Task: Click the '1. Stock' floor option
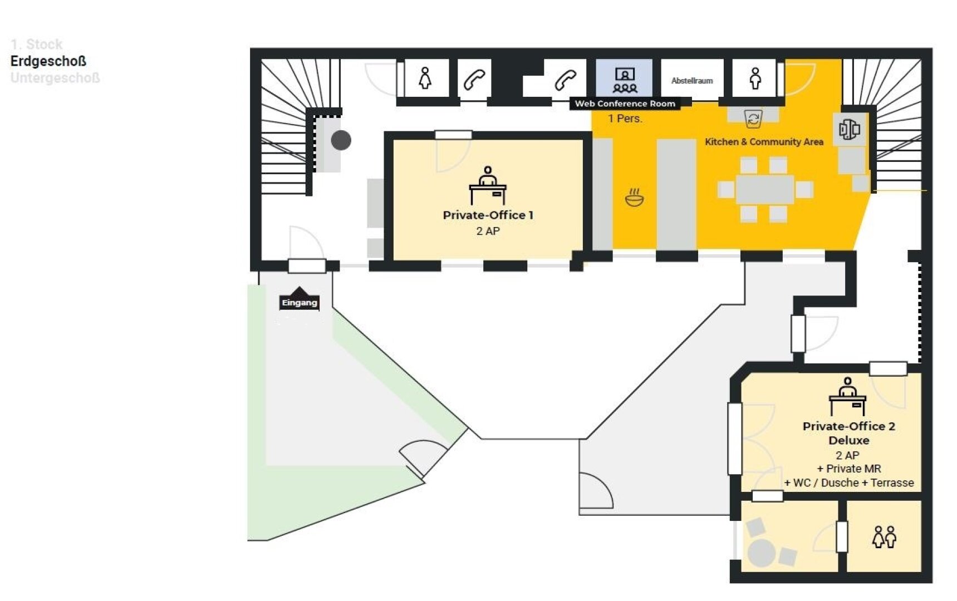(37, 44)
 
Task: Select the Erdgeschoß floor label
(48, 61)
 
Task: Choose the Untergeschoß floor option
(55, 78)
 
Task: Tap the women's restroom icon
(425, 78)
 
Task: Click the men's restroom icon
(755, 78)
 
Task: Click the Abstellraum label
(692, 81)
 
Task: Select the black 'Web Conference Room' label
(625, 104)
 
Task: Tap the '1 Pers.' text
(625, 119)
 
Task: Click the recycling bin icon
(753, 119)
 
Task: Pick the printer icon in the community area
(850, 130)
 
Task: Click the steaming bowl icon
(634, 198)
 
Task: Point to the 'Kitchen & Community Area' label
(764, 142)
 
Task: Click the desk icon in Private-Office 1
(488, 185)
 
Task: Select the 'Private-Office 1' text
(488, 215)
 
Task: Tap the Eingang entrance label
(300, 302)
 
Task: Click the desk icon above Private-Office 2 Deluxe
(847, 396)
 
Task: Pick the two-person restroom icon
(885, 537)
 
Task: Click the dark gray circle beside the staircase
(341, 140)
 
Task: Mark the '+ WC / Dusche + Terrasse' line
(849, 483)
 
